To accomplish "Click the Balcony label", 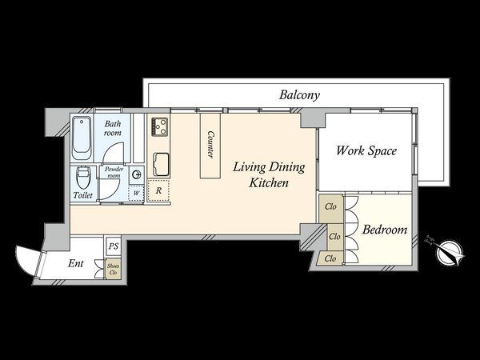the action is (x=299, y=95).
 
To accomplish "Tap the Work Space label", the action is (x=366, y=150).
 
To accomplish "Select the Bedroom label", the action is (x=385, y=230).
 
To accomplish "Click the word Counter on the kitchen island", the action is (x=210, y=144).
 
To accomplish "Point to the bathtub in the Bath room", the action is (x=82, y=138).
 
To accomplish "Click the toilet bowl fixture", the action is (x=82, y=178).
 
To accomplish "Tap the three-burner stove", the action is (x=159, y=126).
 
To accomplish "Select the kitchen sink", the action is (x=161, y=164).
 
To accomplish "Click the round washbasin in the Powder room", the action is (x=136, y=174).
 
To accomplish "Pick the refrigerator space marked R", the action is (x=158, y=190).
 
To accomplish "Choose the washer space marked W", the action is (x=136, y=193).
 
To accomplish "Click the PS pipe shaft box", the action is (x=114, y=246).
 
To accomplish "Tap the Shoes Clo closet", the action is (x=114, y=269).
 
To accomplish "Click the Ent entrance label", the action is (x=76, y=263).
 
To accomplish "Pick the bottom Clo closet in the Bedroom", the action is (x=330, y=258).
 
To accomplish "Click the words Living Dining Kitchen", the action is (x=269, y=174).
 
